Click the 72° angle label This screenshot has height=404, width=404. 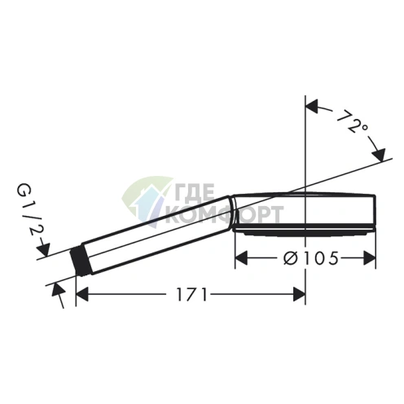tap(353, 121)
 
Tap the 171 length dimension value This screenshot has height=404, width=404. tap(192, 294)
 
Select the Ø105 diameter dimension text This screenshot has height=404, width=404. tap(311, 257)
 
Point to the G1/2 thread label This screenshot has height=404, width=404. tap(28, 209)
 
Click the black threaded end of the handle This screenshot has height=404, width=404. tap(79, 261)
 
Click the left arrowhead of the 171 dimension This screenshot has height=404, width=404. tap(82, 294)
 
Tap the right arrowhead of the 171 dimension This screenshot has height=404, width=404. tap(299, 294)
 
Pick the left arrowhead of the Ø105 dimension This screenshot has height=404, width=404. tap(242, 258)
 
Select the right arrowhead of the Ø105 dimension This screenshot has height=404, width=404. tap(369, 258)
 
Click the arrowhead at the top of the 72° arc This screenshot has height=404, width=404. tap(312, 106)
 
